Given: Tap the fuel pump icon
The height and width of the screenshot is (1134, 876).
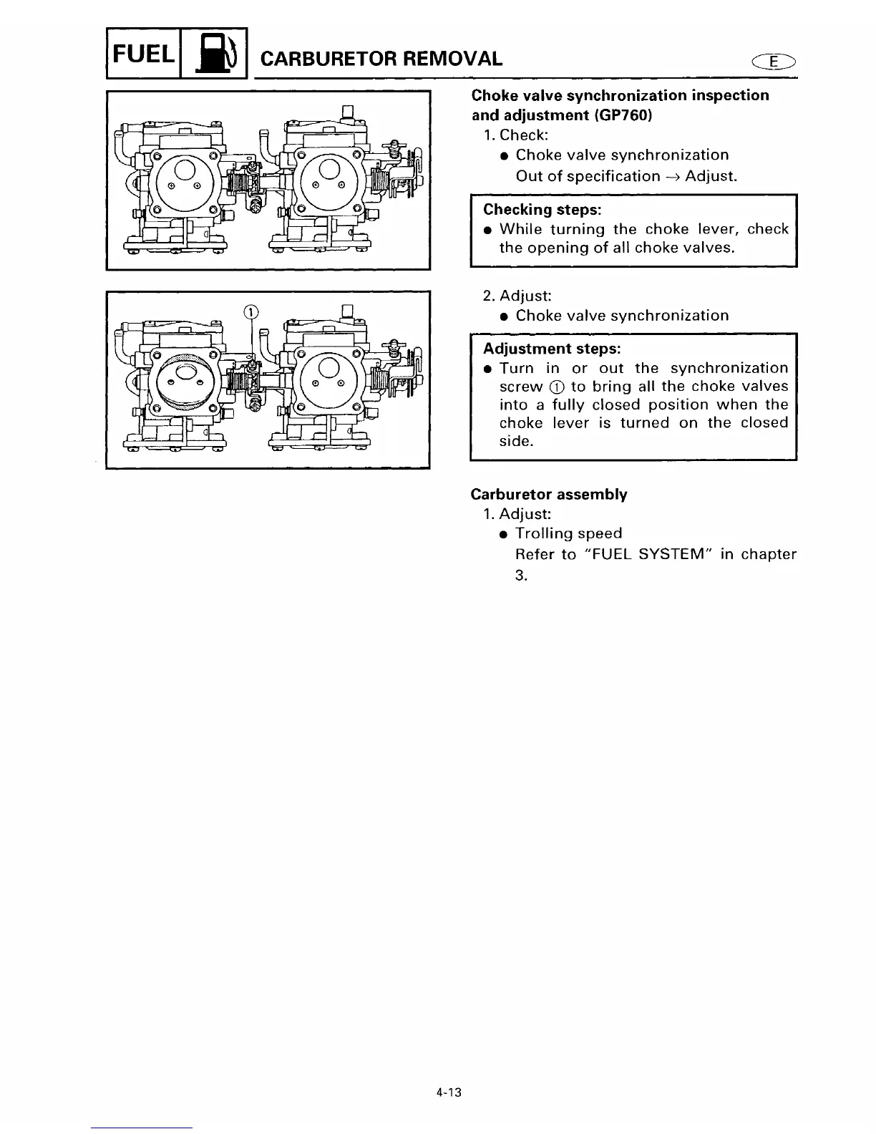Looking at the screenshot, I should tap(214, 54).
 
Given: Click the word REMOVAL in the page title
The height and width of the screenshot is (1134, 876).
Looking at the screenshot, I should tap(450, 58).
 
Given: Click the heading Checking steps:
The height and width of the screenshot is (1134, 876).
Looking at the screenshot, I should tap(542, 210).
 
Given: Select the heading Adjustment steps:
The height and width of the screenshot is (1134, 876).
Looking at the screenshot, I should tap(552, 349).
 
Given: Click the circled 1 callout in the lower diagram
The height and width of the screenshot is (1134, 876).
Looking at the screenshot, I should tap(250, 311).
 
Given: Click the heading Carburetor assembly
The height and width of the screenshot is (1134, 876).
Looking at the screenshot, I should tap(548, 495).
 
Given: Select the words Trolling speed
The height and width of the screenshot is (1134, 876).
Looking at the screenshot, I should tap(568, 533).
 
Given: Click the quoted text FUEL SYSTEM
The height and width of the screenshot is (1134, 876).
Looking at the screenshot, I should tap(650, 554).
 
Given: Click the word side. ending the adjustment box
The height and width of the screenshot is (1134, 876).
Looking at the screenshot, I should tap(516, 441).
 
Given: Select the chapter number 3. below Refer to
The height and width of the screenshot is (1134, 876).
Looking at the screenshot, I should tap(521, 575).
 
